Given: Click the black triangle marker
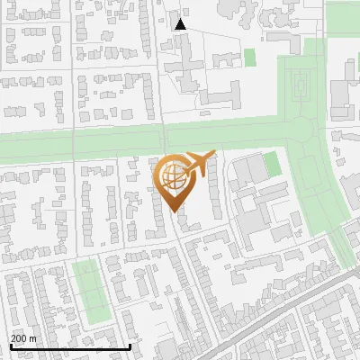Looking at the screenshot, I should point(180,24).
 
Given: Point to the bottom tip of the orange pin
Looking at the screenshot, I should point(173,212).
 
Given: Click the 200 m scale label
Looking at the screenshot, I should point(23,337).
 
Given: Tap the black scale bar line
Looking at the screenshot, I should point(70,346).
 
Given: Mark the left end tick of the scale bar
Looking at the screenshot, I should point(10,345).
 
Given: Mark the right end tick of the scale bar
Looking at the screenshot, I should point(130,345).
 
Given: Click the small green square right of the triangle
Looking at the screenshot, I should point(249,57).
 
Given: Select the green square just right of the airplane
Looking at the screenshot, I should point(271,164).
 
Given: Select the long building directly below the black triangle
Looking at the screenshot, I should point(187,63).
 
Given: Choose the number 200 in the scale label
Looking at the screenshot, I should point(19,337).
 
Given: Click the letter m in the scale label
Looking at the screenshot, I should point(33,337).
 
